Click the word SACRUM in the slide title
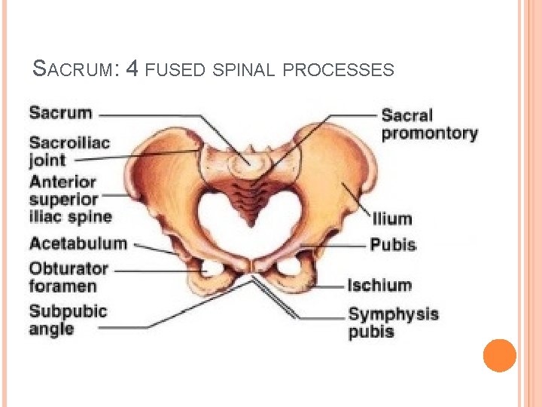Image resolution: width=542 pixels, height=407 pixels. [x=74, y=70]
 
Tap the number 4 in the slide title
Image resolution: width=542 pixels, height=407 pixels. [x=132, y=70]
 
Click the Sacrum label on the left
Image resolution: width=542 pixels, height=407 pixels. [x=60, y=113]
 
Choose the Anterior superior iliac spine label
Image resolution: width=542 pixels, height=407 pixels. [x=70, y=200]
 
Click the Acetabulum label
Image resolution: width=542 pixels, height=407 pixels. [x=78, y=243]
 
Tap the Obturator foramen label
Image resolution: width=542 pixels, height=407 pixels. [x=69, y=277]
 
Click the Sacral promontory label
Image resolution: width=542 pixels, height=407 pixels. [x=429, y=124]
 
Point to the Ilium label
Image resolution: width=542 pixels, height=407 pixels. [x=392, y=219]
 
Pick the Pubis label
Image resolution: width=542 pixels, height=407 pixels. [x=392, y=245]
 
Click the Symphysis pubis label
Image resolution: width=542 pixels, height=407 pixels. [x=393, y=323]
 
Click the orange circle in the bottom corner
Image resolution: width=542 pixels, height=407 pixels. [x=500, y=356]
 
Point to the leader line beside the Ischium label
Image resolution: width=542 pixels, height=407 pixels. [x=327, y=286]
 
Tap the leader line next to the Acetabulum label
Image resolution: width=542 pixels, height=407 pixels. [x=154, y=248]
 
